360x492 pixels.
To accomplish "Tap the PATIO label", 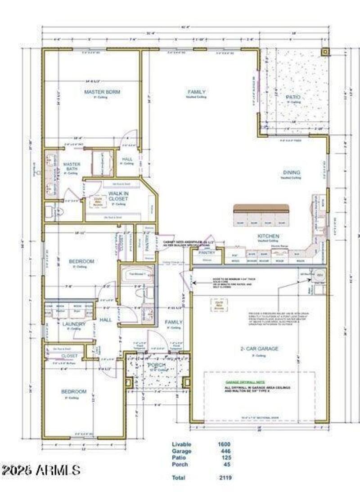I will click(293, 97).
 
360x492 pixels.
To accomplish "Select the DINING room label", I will click(291, 173).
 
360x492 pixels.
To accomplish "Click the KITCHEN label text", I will click(268, 236).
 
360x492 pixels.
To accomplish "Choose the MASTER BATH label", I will click(72, 167).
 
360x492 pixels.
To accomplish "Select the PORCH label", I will click(157, 365).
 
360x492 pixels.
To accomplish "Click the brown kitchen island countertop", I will click(261, 209).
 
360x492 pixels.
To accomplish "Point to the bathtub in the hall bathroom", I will click(136, 273).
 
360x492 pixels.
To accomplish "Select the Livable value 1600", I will click(224, 444).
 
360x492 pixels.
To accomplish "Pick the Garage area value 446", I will click(224, 451).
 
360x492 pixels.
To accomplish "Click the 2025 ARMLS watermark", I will click(41, 470).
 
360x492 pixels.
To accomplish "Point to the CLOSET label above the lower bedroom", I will click(70, 356).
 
